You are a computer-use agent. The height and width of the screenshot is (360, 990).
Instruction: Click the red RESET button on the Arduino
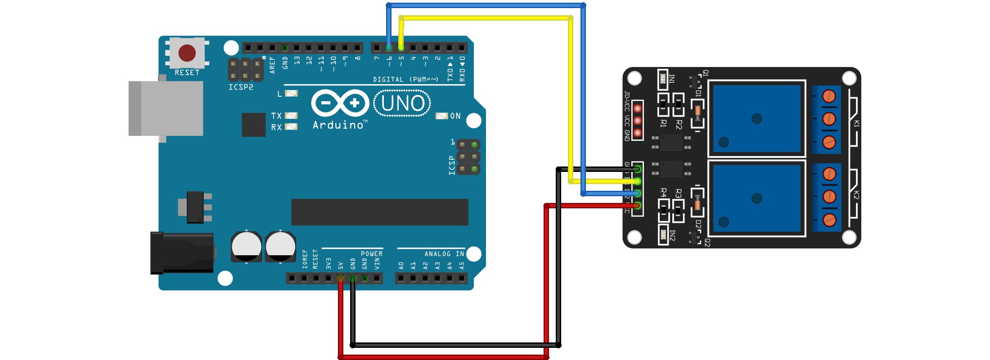point(187,53)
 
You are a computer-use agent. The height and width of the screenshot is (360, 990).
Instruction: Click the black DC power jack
point(182,253)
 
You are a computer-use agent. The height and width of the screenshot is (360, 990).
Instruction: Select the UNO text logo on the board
point(402,103)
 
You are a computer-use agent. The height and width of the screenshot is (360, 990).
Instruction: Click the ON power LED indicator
point(441,116)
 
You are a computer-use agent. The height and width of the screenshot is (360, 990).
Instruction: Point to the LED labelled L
point(292,94)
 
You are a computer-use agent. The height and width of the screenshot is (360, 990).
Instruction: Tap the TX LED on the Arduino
point(292,116)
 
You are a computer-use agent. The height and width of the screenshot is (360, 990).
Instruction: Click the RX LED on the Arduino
point(292,127)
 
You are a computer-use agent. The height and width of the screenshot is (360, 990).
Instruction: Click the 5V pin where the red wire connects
point(340,279)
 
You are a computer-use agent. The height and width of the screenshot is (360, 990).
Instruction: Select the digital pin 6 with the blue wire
point(389,47)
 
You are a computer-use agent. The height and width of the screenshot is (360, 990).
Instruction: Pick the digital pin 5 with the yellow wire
point(401,47)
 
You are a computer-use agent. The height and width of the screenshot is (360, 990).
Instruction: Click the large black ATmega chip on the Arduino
point(379,212)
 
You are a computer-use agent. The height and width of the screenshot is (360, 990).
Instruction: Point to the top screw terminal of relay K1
point(829,96)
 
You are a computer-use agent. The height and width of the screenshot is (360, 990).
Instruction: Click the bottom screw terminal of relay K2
point(829,220)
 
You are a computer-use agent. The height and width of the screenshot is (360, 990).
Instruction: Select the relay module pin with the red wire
point(637,206)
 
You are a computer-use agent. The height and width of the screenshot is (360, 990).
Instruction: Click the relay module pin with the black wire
point(637,169)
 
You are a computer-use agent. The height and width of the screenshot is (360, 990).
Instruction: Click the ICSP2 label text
point(241,87)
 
